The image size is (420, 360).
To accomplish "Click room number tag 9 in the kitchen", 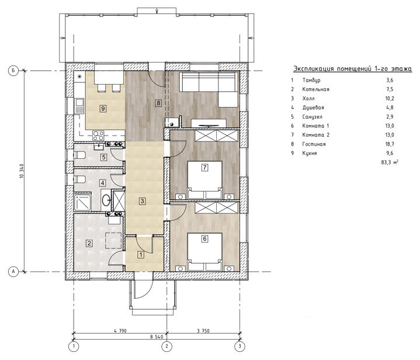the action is pos(103,109).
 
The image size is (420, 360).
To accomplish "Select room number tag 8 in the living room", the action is pos(158,103).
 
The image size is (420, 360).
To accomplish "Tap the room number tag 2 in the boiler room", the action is pos(89,243).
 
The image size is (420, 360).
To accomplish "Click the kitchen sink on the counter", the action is pos(79,106).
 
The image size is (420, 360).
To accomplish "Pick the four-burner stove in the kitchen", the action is pos(98,136).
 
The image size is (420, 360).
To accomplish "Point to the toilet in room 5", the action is pos(79,155).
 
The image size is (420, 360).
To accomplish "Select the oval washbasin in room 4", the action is pos(106,200).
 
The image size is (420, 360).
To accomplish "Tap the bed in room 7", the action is pos(204,180).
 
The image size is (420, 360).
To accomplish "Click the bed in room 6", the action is pos(204,252).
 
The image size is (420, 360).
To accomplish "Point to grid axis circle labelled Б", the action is pos(13,71).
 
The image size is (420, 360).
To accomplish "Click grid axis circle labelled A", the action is pos(13,272).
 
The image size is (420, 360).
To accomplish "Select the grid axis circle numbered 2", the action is pos(166,347).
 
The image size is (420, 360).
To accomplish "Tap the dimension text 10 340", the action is pos(22,171).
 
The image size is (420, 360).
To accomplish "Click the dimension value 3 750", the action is pos(203,331).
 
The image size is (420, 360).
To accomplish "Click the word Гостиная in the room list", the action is pos(314,144).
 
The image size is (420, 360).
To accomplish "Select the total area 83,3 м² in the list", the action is pos(390,162).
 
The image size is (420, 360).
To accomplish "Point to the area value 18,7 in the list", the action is pos(390,144).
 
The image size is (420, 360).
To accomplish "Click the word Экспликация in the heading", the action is pos(314,69).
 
